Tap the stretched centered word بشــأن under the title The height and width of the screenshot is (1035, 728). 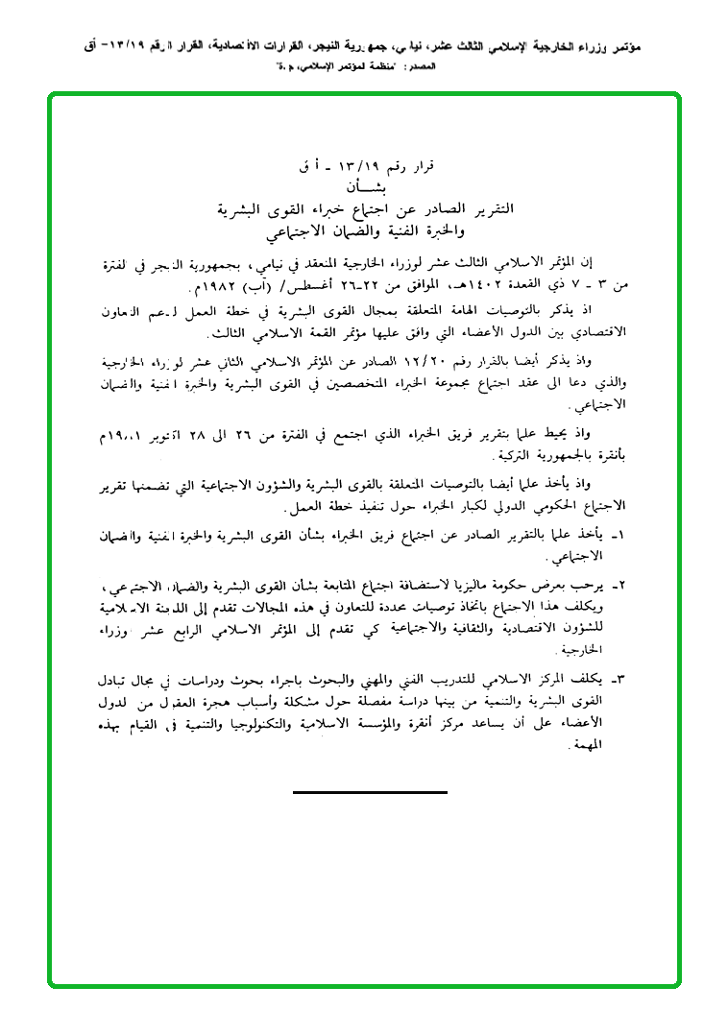tap(366, 187)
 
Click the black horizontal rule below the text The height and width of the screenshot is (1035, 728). tap(370, 792)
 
